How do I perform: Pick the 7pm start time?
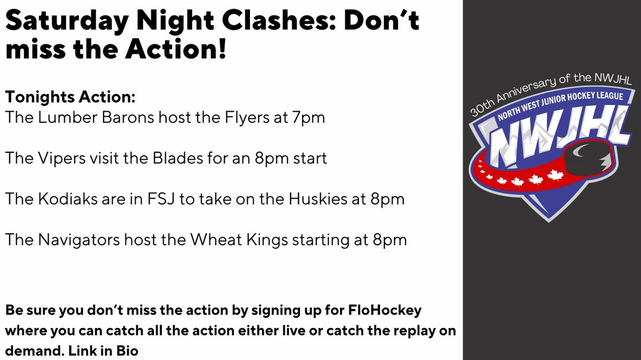coord(307,117)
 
